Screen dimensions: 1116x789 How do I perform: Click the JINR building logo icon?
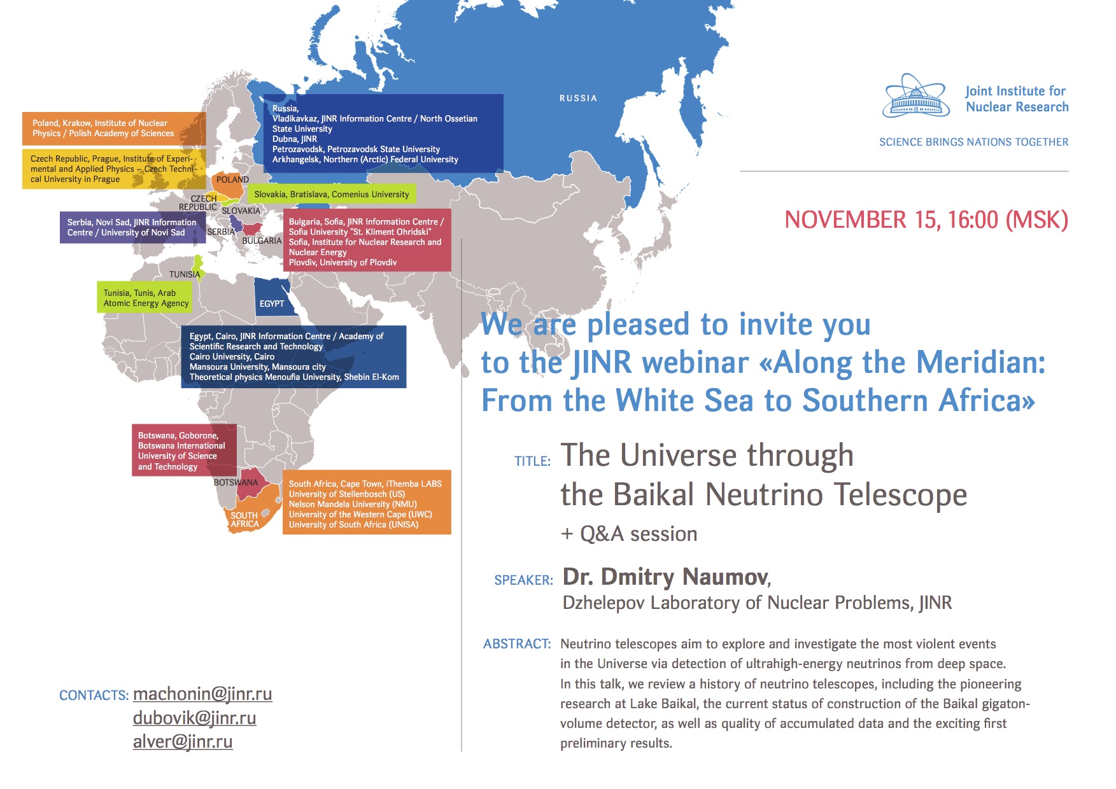click(x=915, y=96)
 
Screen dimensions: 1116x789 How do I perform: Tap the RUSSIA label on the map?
click(x=578, y=98)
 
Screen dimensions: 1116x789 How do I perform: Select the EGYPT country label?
click(x=272, y=304)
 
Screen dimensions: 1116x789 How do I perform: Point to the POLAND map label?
click(x=232, y=179)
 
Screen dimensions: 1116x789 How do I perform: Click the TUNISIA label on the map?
click(x=185, y=274)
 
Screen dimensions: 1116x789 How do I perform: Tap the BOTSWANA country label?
click(x=236, y=482)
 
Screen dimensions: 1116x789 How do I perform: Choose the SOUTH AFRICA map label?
click(x=244, y=520)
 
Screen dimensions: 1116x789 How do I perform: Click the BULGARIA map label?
click(x=262, y=241)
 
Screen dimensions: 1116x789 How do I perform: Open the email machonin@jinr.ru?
click(x=202, y=694)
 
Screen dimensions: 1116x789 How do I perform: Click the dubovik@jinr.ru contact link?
click(x=195, y=718)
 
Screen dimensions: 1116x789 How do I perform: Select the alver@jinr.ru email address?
click(x=183, y=741)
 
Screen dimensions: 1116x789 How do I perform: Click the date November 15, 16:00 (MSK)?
click(x=926, y=220)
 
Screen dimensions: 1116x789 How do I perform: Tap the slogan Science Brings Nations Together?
click(x=974, y=142)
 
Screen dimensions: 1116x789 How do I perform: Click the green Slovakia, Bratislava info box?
click(x=332, y=194)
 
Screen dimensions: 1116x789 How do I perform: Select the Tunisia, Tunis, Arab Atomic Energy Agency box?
click(x=145, y=298)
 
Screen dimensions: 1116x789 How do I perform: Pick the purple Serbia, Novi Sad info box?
click(x=133, y=227)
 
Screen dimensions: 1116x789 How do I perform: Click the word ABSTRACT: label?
click(x=517, y=644)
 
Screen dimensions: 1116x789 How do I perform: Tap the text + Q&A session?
click(x=629, y=534)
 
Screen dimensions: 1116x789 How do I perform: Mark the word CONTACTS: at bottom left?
click(x=94, y=695)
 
